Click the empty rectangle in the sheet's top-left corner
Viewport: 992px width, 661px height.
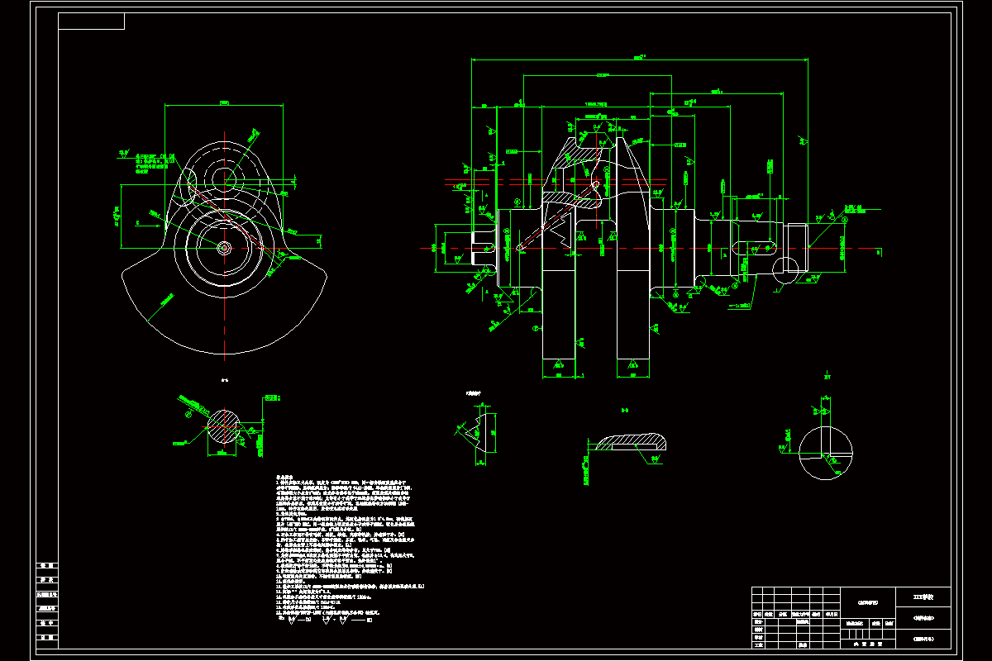(91, 21)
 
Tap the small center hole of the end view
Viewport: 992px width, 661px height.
(223, 247)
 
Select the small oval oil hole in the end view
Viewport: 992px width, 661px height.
(189, 179)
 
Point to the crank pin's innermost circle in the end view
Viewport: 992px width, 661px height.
(223, 177)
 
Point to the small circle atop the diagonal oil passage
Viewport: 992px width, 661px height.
(595, 183)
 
